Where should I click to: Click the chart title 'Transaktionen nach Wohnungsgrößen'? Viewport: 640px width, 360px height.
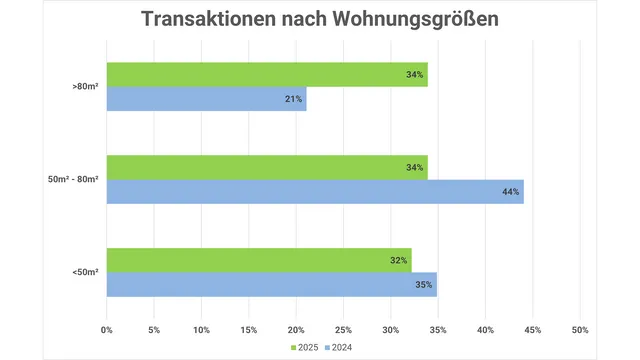coord(319,20)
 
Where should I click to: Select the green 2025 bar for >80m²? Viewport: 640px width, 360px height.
coord(267,74)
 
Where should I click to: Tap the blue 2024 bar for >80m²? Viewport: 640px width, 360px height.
coord(206,98)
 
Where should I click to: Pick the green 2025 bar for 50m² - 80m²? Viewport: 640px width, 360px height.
coord(267,167)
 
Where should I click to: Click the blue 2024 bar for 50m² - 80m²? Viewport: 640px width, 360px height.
coord(315,191)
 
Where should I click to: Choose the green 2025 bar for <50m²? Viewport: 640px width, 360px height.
coord(259,260)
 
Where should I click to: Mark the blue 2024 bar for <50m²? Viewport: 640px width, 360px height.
coord(271,285)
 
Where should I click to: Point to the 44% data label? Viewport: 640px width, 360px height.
coord(510,191)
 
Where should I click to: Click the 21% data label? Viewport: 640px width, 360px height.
coord(293,98)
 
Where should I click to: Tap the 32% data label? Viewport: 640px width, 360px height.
coord(399,260)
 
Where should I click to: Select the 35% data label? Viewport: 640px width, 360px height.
coord(423,285)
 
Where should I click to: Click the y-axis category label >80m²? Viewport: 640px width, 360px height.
coord(84,87)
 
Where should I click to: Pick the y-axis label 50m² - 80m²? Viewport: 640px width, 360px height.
coord(71,180)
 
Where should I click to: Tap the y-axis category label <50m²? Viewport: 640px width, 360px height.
coord(84,272)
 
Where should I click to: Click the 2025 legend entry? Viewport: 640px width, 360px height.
coord(306,348)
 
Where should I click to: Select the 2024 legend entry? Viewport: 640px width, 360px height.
coord(339,348)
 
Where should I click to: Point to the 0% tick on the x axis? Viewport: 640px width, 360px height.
coord(107,329)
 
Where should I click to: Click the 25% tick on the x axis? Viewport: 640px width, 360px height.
coord(343,329)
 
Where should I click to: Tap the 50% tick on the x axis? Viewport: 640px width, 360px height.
coord(580,329)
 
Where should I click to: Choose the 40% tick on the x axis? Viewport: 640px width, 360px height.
coord(485,329)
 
